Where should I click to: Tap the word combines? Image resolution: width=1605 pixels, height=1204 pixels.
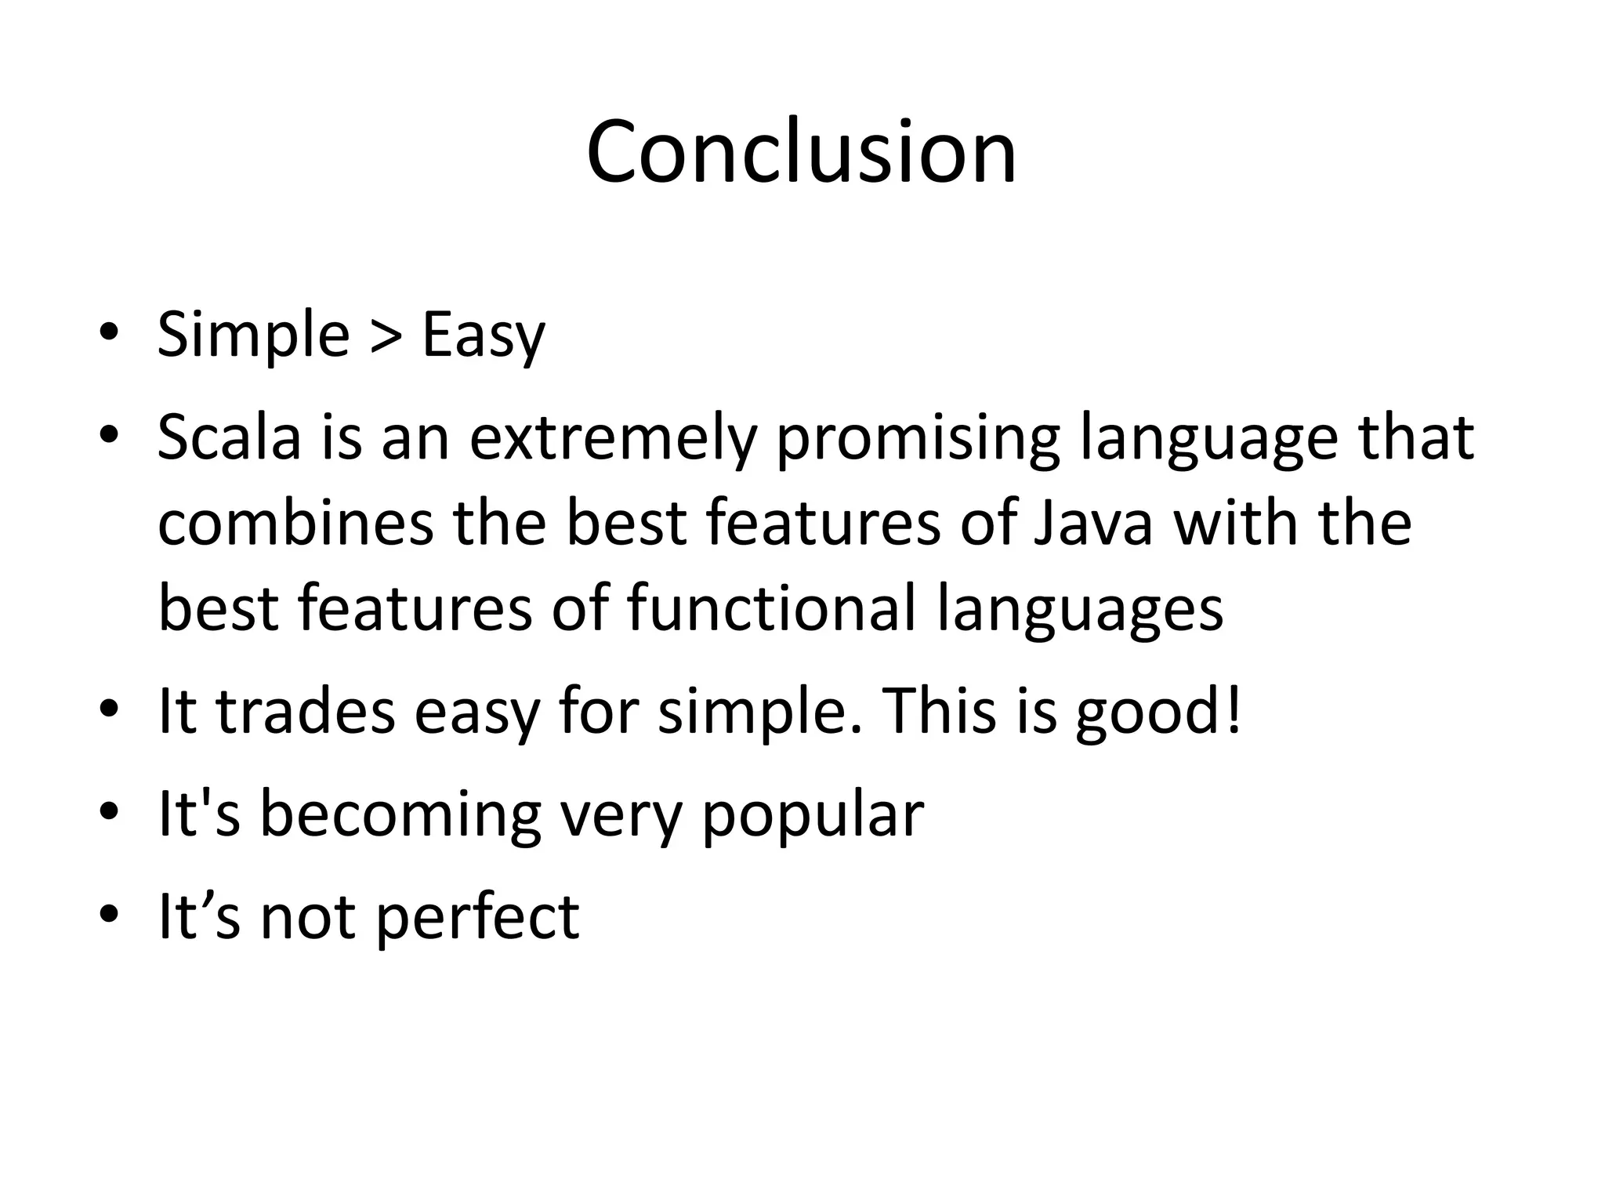tap(295, 523)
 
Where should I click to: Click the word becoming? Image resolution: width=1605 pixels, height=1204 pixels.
tap(400, 815)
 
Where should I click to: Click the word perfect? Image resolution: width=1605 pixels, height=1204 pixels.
tap(477, 917)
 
